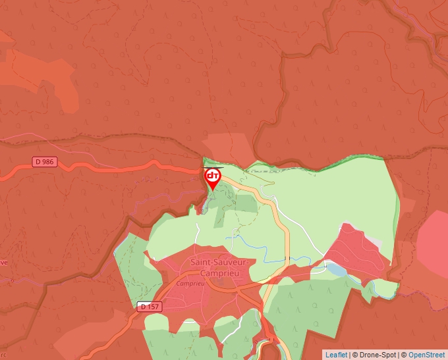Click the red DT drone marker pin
coord(213,178)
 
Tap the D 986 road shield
coord(45,161)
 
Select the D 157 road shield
coord(150,307)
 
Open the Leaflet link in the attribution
coord(336,355)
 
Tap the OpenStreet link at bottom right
coord(427,355)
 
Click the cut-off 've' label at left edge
coord(4,262)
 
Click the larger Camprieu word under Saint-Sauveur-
coord(220,272)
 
